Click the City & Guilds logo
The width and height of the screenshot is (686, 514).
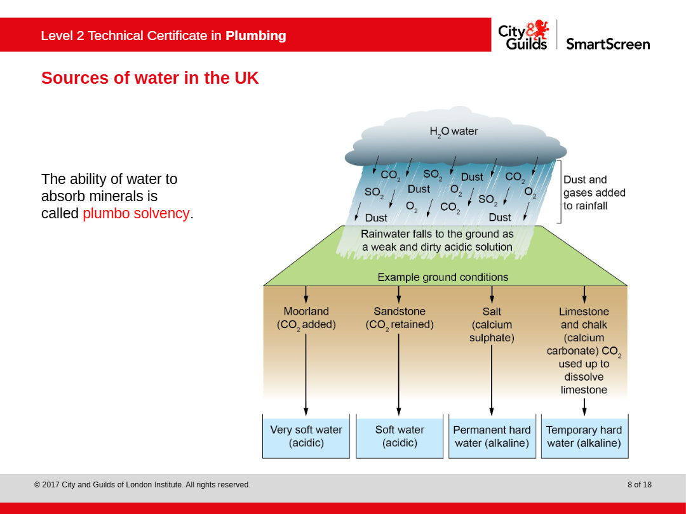click(x=523, y=35)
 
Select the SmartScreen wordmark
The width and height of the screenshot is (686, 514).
click(x=608, y=44)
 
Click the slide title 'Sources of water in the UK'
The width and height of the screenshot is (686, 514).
click(x=150, y=78)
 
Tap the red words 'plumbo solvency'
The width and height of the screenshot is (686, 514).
click(x=136, y=213)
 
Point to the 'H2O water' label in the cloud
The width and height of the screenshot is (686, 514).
click(x=454, y=131)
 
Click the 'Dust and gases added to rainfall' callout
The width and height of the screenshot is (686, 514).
click(x=594, y=193)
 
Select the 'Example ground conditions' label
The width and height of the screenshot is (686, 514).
click(x=443, y=277)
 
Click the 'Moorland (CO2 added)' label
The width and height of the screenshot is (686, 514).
click(x=306, y=318)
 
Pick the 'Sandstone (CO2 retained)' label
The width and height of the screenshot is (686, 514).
click(x=400, y=318)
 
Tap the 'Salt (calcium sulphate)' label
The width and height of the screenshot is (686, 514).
click(x=492, y=325)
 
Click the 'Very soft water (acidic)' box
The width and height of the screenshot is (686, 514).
click(x=306, y=436)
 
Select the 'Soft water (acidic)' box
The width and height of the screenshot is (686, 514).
click(x=400, y=436)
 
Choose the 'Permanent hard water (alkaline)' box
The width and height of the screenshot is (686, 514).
click(x=492, y=436)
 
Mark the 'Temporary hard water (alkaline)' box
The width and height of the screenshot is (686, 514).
click(x=584, y=436)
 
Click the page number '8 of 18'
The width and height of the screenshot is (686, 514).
click(x=640, y=485)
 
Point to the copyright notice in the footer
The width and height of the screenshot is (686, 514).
click(x=142, y=485)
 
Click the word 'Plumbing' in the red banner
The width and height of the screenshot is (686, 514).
click(x=256, y=36)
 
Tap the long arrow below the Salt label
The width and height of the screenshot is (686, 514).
click(x=492, y=380)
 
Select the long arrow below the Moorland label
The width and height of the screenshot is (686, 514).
click(x=306, y=374)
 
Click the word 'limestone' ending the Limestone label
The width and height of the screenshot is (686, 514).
click(x=584, y=390)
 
